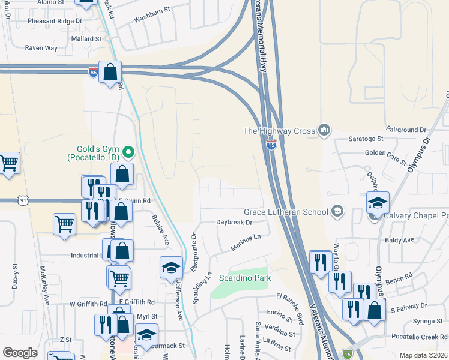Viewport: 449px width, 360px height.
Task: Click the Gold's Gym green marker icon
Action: click(x=127, y=150)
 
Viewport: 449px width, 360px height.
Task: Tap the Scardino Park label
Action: click(x=244, y=278)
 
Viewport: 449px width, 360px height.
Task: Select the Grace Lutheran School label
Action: click(x=286, y=212)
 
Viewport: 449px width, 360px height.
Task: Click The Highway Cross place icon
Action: click(x=325, y=130)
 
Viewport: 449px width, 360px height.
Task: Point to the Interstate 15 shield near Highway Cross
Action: click(x=271, y=144)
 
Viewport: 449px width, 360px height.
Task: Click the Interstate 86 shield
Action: click(x=92, y=73)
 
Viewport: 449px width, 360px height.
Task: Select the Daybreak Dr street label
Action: click(x=234, y=222)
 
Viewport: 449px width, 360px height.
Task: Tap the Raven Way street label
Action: click(x=41, y=48)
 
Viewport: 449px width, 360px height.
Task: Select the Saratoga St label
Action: click(x=366, y=139)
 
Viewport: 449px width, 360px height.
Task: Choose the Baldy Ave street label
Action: click(x=400, y=240)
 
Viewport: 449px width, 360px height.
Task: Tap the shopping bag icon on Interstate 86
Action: click(x=111, y=73)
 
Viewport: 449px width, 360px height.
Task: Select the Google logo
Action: click(x=20, y=353)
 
